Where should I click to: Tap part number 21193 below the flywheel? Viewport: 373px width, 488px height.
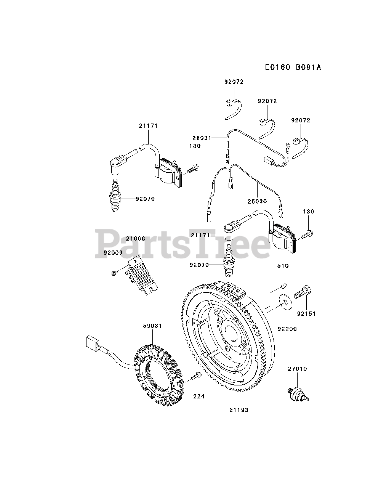(239, 410)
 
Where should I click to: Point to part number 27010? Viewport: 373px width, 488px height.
(297, 369)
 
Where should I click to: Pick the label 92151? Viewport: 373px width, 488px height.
(306, 315)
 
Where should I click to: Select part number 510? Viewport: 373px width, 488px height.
(283, 266)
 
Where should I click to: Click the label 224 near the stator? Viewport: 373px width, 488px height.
(199, 396)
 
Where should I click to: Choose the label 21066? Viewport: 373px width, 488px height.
(136, 238)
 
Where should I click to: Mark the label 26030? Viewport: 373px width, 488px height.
(258, 201)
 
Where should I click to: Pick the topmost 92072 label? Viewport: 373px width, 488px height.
(234, 82)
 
